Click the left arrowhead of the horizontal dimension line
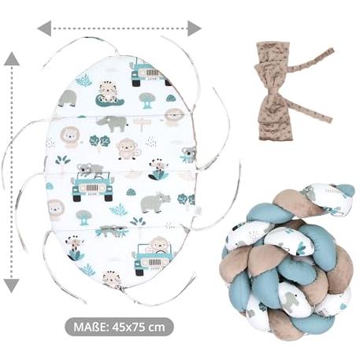coord(45,28)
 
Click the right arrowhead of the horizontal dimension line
coord(195,28)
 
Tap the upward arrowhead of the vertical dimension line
coord(12,59)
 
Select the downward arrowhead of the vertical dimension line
coord(12,286)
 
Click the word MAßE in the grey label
coord(90,327)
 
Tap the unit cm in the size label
coord(157,328)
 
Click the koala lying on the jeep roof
coord(90,169)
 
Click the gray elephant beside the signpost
coord(112,124)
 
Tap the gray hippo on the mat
coord(155,202)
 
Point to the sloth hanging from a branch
coord(112,231)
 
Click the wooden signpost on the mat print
coord(142,124)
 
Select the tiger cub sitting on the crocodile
coord(109,92)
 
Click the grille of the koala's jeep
coord(92,187)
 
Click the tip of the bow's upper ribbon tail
coord(332,50)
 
